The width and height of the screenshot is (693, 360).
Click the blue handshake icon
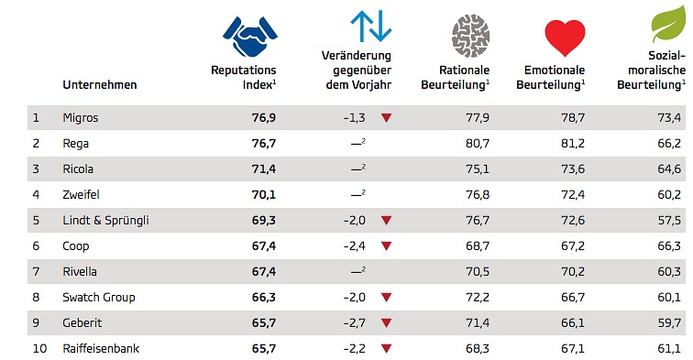[x=250, y=37]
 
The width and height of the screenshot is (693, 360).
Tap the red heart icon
[x=565, y=38]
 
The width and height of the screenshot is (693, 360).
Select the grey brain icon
[x=470, y=36]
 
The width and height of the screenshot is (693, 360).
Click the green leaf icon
[x=668, y=24]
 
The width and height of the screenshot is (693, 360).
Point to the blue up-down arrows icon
[x=371, y=27]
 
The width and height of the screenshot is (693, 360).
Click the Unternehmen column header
[x=99, y=85]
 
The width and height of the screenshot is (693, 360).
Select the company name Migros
[x=81, y=118]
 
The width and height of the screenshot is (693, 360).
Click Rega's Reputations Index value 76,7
[x=264, y=144]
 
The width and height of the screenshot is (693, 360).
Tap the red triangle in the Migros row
[x=386, y=118]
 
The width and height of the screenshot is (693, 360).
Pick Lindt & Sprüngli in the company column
[x=105, y=221]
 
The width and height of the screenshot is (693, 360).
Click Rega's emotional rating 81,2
[x=573, y=144]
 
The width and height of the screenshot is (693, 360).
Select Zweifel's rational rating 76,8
[x=478, y=195]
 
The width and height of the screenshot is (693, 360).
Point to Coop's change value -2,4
[x=355, y=246]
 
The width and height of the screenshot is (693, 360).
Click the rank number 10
[x=39, y=348]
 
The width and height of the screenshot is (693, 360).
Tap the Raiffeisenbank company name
[x=101, y=348]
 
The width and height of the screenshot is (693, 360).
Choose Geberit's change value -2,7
[x=355, y=322]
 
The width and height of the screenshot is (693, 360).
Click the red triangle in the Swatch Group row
[x=386, y=298]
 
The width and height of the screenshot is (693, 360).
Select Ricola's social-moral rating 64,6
[x=669, y=169]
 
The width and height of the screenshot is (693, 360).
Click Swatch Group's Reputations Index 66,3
[x=264, y=298]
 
